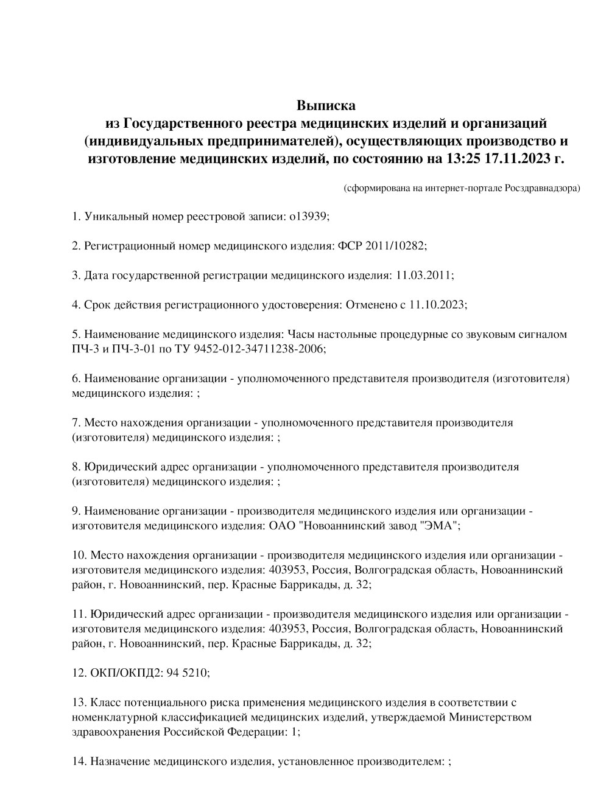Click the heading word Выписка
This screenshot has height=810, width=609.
(326, 106)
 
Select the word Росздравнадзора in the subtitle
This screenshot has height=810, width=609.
(542, 188)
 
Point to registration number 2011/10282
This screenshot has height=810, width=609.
(395, 246)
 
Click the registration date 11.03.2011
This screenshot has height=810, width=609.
(423, 275)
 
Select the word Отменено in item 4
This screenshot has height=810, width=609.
(371, 304)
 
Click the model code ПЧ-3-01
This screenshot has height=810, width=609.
(126, 349)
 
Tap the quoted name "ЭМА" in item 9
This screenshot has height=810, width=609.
(438, 526)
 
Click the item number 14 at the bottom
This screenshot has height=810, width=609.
(79, 761)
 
